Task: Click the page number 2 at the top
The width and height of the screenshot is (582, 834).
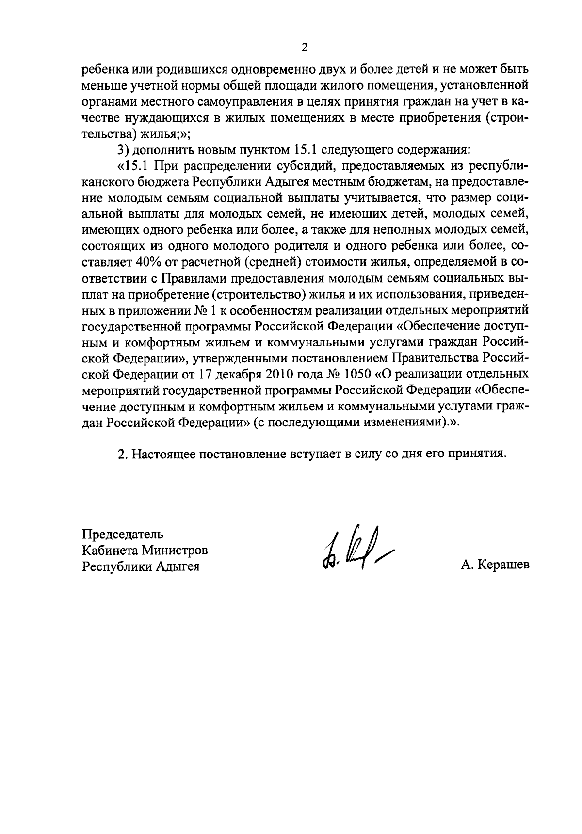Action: tap(305, 47)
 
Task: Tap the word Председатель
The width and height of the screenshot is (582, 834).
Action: tap(122, 534)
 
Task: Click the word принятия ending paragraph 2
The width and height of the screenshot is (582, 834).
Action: tap(478, 454)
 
